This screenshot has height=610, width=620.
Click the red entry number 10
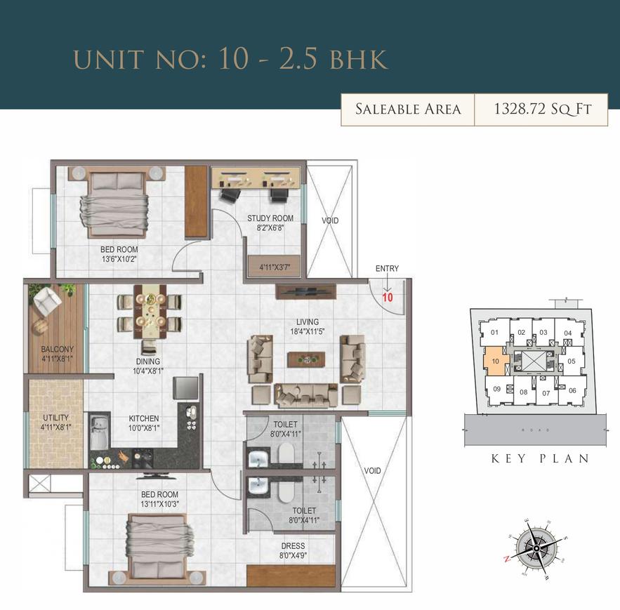coord(388,297)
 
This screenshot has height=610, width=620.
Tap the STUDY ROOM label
coord(270,218)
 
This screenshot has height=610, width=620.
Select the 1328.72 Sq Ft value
coord(543,109)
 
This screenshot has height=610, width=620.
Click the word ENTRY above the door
coord(387,268)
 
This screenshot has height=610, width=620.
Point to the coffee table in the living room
coord(306,359)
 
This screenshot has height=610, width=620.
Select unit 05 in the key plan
coord(572,361)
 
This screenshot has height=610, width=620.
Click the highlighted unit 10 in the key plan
coord(496,361)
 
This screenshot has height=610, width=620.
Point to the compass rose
coord(536,548)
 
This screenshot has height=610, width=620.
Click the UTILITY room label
coord(55,418)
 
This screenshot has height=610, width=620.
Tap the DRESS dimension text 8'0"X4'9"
coord(293,556)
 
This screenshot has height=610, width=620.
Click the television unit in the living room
coord(306,292)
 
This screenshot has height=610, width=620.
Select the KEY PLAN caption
coord(540,458)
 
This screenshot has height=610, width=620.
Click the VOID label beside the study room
coord(330,220)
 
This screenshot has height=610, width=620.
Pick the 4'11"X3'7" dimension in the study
coord(275,267)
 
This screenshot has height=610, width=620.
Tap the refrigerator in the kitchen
coord(186,387)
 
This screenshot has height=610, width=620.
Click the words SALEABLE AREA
coord(408,109)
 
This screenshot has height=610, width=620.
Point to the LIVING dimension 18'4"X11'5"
coord(308,331)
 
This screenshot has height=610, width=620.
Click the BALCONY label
coord(58,349)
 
